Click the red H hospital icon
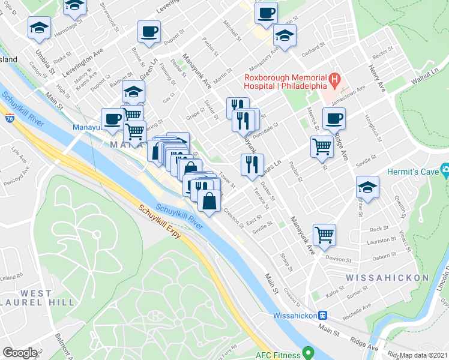[335, 79]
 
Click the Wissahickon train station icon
[322, 314]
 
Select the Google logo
[20, 353]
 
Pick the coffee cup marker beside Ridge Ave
[334, 118]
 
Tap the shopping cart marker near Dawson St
[324, 233]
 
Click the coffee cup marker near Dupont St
[148, 31]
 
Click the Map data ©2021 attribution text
[424, 355]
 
